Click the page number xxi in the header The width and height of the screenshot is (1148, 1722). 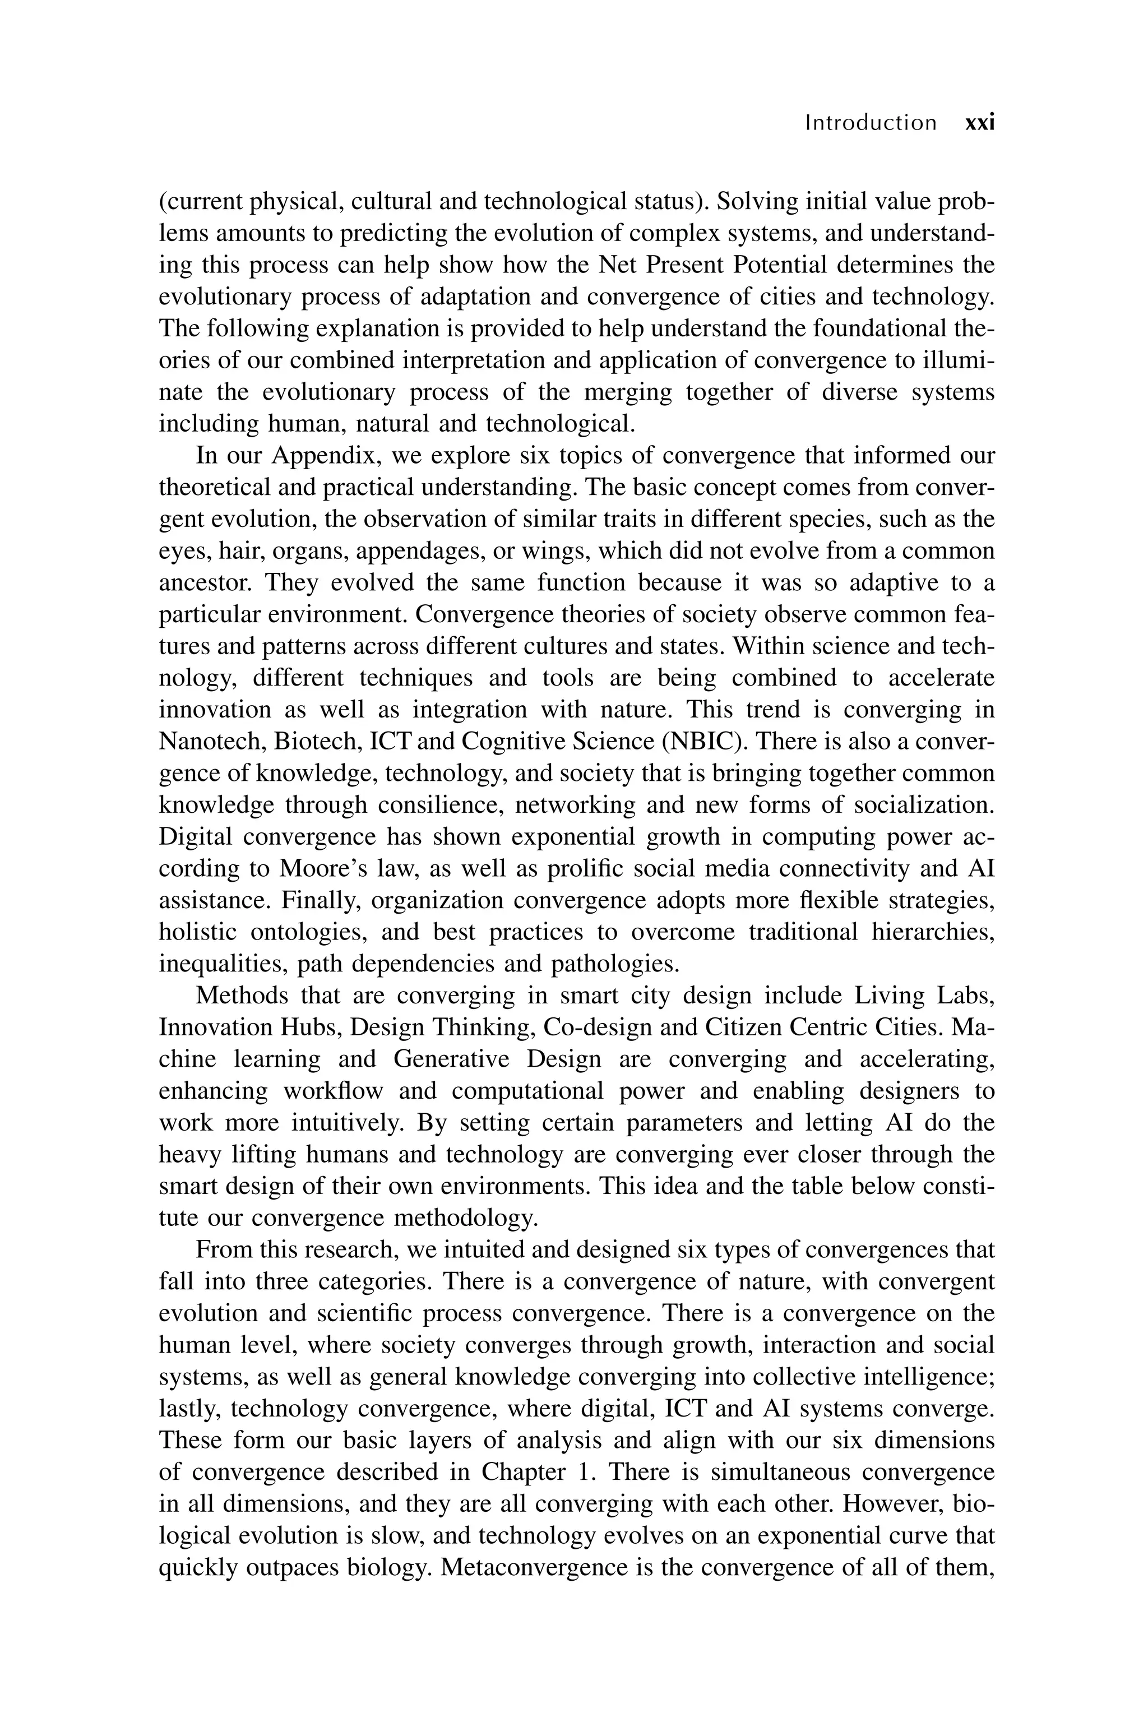[x=980, y=122]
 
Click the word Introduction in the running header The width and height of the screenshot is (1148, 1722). [x=870, y=122]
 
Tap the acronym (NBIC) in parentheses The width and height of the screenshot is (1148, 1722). [x=702, y=741]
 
